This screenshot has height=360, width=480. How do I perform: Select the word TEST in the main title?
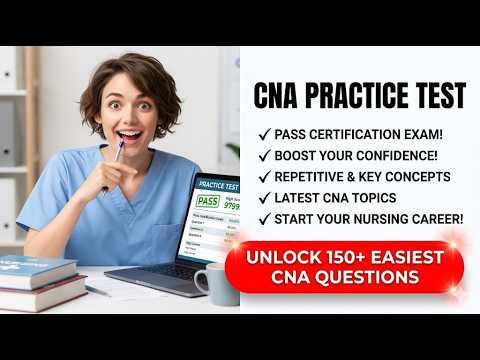click(437, 97)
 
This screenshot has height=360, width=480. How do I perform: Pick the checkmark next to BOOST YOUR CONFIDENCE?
click(264, 156)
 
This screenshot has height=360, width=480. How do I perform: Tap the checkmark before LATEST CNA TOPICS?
click(264, 198)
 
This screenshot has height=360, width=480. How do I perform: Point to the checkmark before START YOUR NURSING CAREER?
click(264, 219)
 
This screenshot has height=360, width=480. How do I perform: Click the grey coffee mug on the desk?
click(214, 283)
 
